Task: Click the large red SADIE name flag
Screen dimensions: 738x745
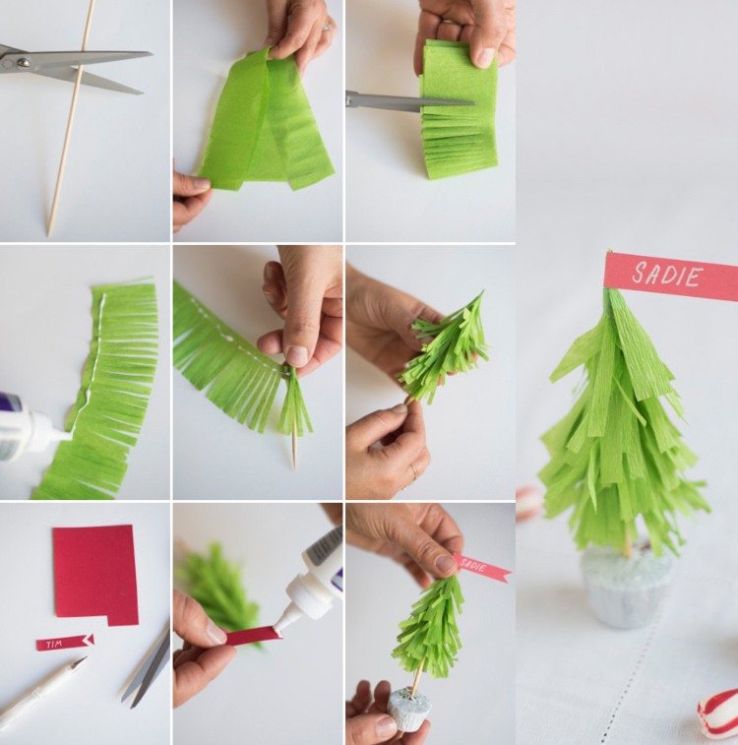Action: [671, 276]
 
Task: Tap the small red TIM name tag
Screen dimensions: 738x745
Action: [65, 643]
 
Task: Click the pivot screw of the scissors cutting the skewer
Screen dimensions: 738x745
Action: [23, 62]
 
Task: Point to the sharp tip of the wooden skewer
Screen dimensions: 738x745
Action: [48, 234]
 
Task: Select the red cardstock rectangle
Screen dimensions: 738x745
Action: [95, 575]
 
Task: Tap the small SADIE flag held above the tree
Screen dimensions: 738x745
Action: [481, 568]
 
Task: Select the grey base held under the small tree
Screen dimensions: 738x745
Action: [409, 707]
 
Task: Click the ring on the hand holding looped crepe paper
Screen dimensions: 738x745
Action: [328, 26]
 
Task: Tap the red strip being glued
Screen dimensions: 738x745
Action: [252, 636]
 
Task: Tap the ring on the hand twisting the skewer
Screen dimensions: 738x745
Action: [413, 470]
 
